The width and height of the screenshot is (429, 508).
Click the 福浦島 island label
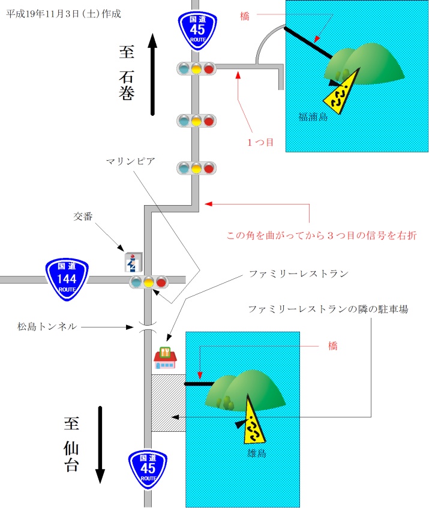(x=313, y=118)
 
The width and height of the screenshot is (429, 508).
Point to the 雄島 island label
(x=257, y=453)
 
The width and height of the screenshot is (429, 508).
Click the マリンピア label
(x=131, y=161)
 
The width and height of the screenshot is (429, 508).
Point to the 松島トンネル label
(x=47, y=326)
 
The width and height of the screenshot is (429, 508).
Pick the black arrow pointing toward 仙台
(x=101, y=444)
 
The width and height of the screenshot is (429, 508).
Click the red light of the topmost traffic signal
(x=209, y=68)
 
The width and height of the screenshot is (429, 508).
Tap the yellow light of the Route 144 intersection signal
(x=148, y=282)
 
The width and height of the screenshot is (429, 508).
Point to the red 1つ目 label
(x=261, y=142)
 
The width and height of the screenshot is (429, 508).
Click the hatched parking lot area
(x=167, y=402)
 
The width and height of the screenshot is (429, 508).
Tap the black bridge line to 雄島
(x=199, y=383)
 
